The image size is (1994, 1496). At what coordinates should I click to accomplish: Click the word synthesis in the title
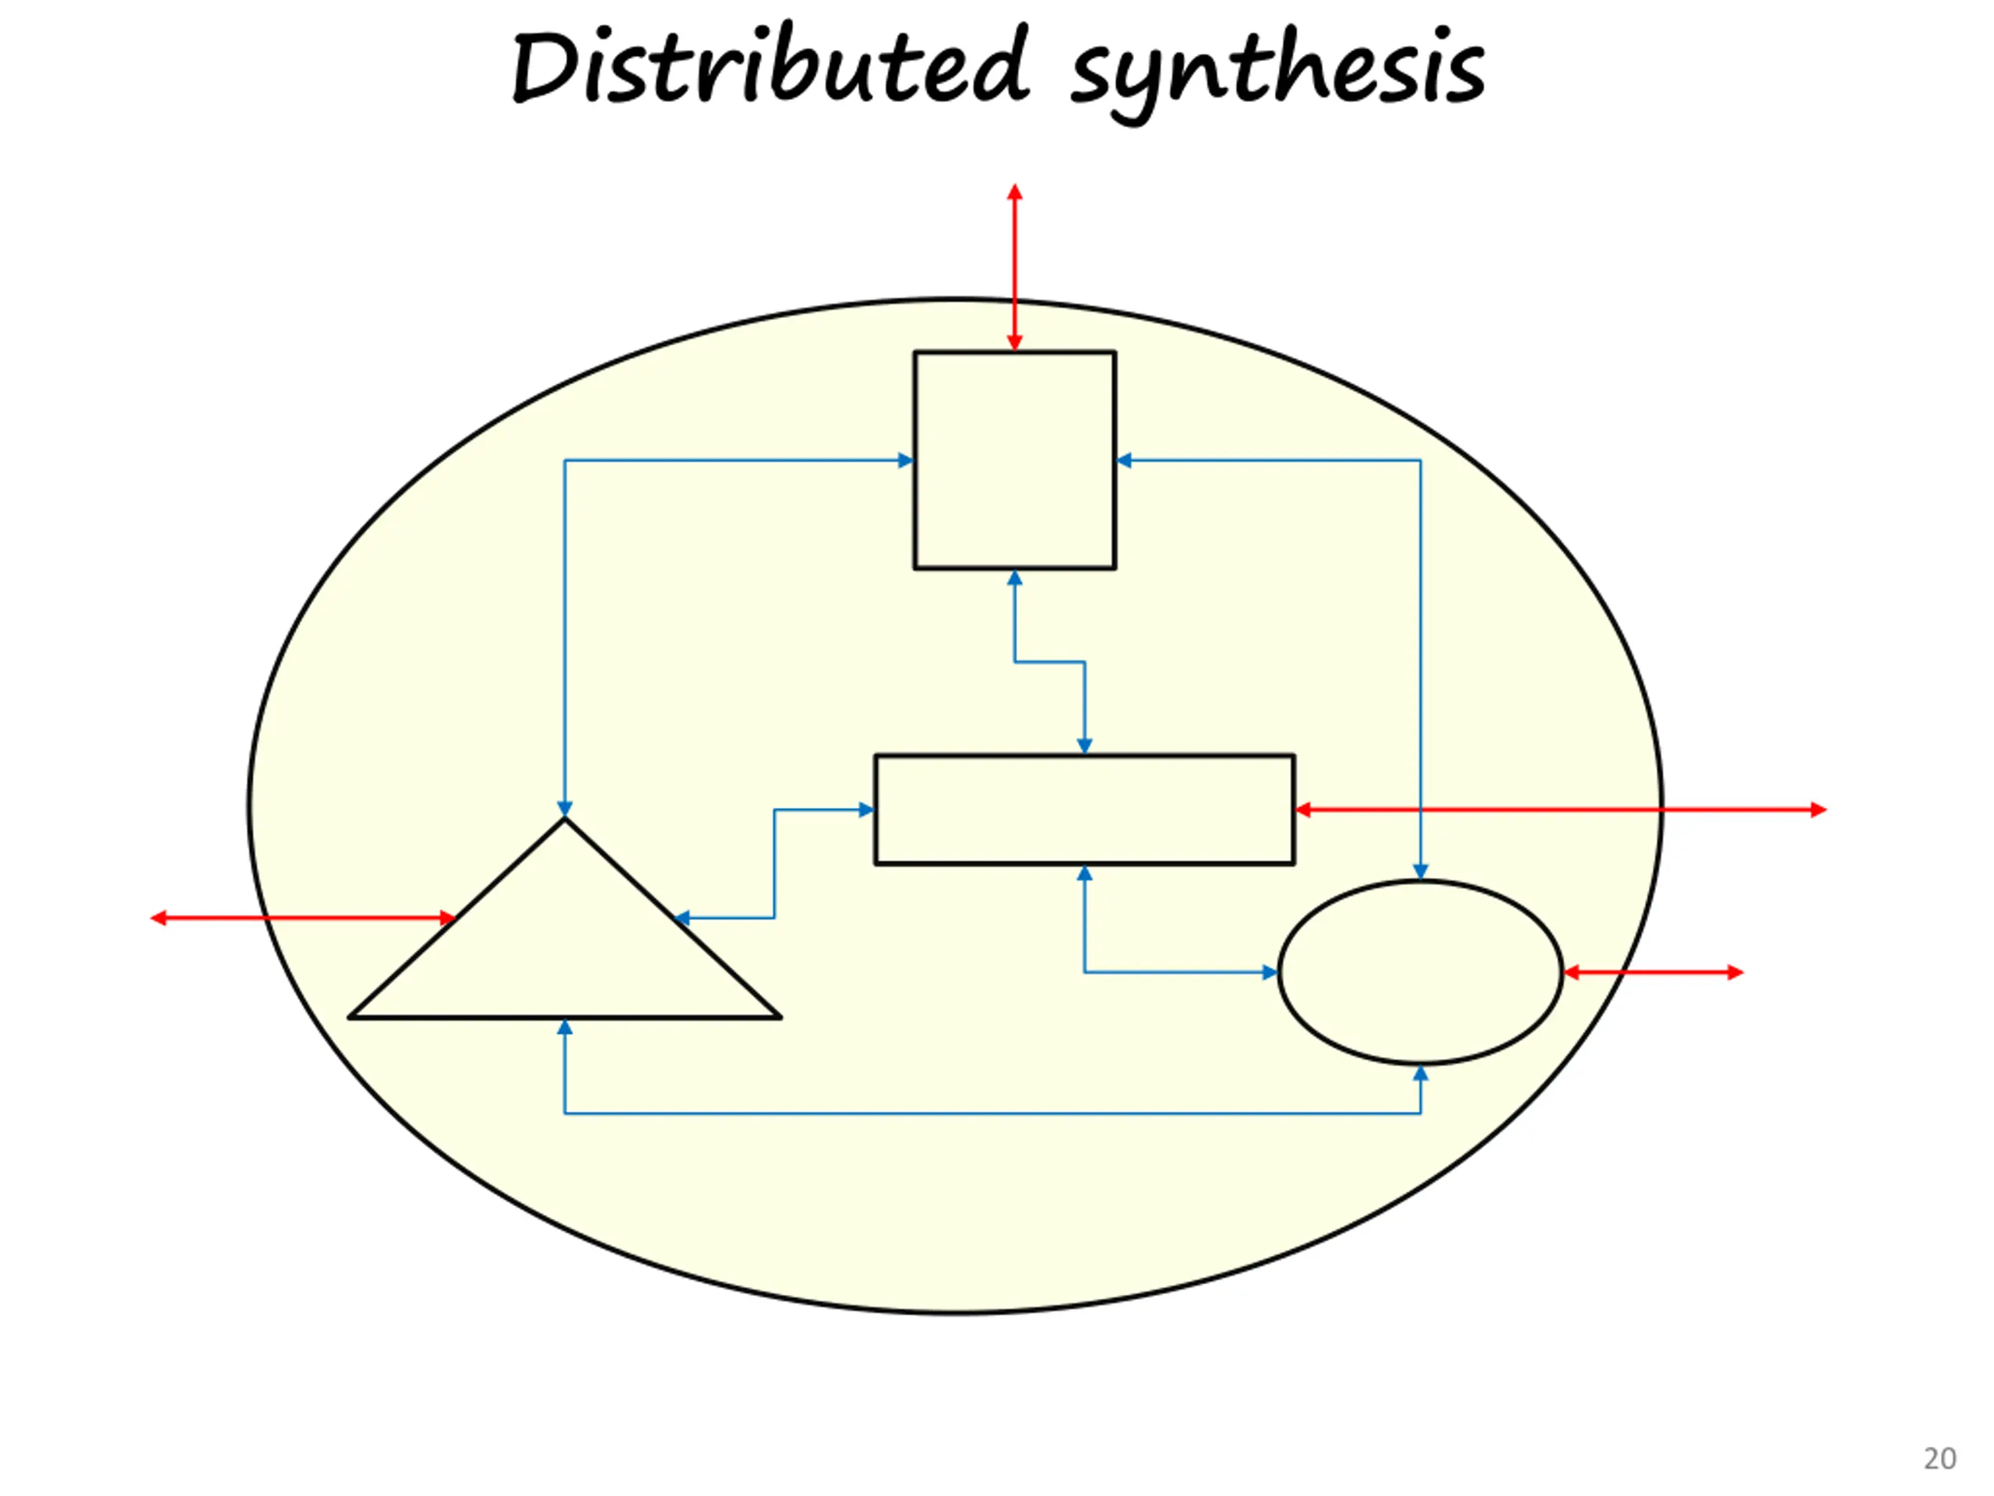tap(1277, 72)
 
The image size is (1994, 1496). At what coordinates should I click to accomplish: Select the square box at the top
tap(1014, 460)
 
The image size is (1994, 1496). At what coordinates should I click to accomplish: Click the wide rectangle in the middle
tap(1083, 809)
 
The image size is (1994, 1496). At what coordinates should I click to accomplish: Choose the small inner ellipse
tap(1420, 972)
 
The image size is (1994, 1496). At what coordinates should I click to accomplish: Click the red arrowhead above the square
tap(1014, 192)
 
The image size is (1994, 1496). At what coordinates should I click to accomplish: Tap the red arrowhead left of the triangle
tap(159, 918)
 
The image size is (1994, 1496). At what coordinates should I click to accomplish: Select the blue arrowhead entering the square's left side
tap(906, 460)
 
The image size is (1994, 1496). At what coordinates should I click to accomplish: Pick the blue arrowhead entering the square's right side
tap(1124, 460)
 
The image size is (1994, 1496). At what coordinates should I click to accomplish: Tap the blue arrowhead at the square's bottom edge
tap(1014, 578)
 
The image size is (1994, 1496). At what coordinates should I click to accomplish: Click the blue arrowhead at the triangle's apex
tap(564, 808)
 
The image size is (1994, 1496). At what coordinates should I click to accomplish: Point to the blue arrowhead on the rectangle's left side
tap(865, 810)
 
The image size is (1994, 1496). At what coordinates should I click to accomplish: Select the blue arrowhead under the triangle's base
tap(564, 1027)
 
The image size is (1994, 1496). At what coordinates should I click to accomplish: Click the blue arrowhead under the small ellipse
tap(1420, 1074)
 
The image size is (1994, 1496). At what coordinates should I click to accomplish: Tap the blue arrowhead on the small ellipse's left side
tap(1270, 972)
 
